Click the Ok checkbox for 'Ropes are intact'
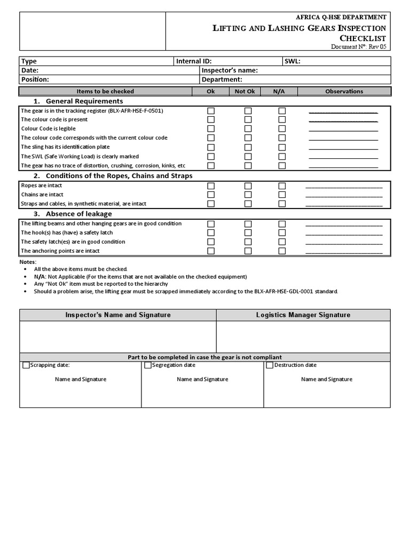point(211,186)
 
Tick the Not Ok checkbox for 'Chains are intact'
point(248,195)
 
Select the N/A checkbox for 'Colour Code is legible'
point(282,129)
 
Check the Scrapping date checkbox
point(26,365)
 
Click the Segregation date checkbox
point(148,365)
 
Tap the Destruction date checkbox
point(270,365)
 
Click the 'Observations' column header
point(344,91)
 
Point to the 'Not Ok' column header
point(245,91)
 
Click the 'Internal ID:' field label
point(194,61)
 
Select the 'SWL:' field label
point(293,61)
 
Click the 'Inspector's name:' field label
point(230,70)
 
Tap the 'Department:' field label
point(222,79)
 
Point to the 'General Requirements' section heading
point(84,101)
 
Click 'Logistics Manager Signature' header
point(303,315)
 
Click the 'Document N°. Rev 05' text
point(358,47)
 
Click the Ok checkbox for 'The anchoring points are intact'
point(211,251)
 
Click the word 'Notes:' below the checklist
point(28,262)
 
